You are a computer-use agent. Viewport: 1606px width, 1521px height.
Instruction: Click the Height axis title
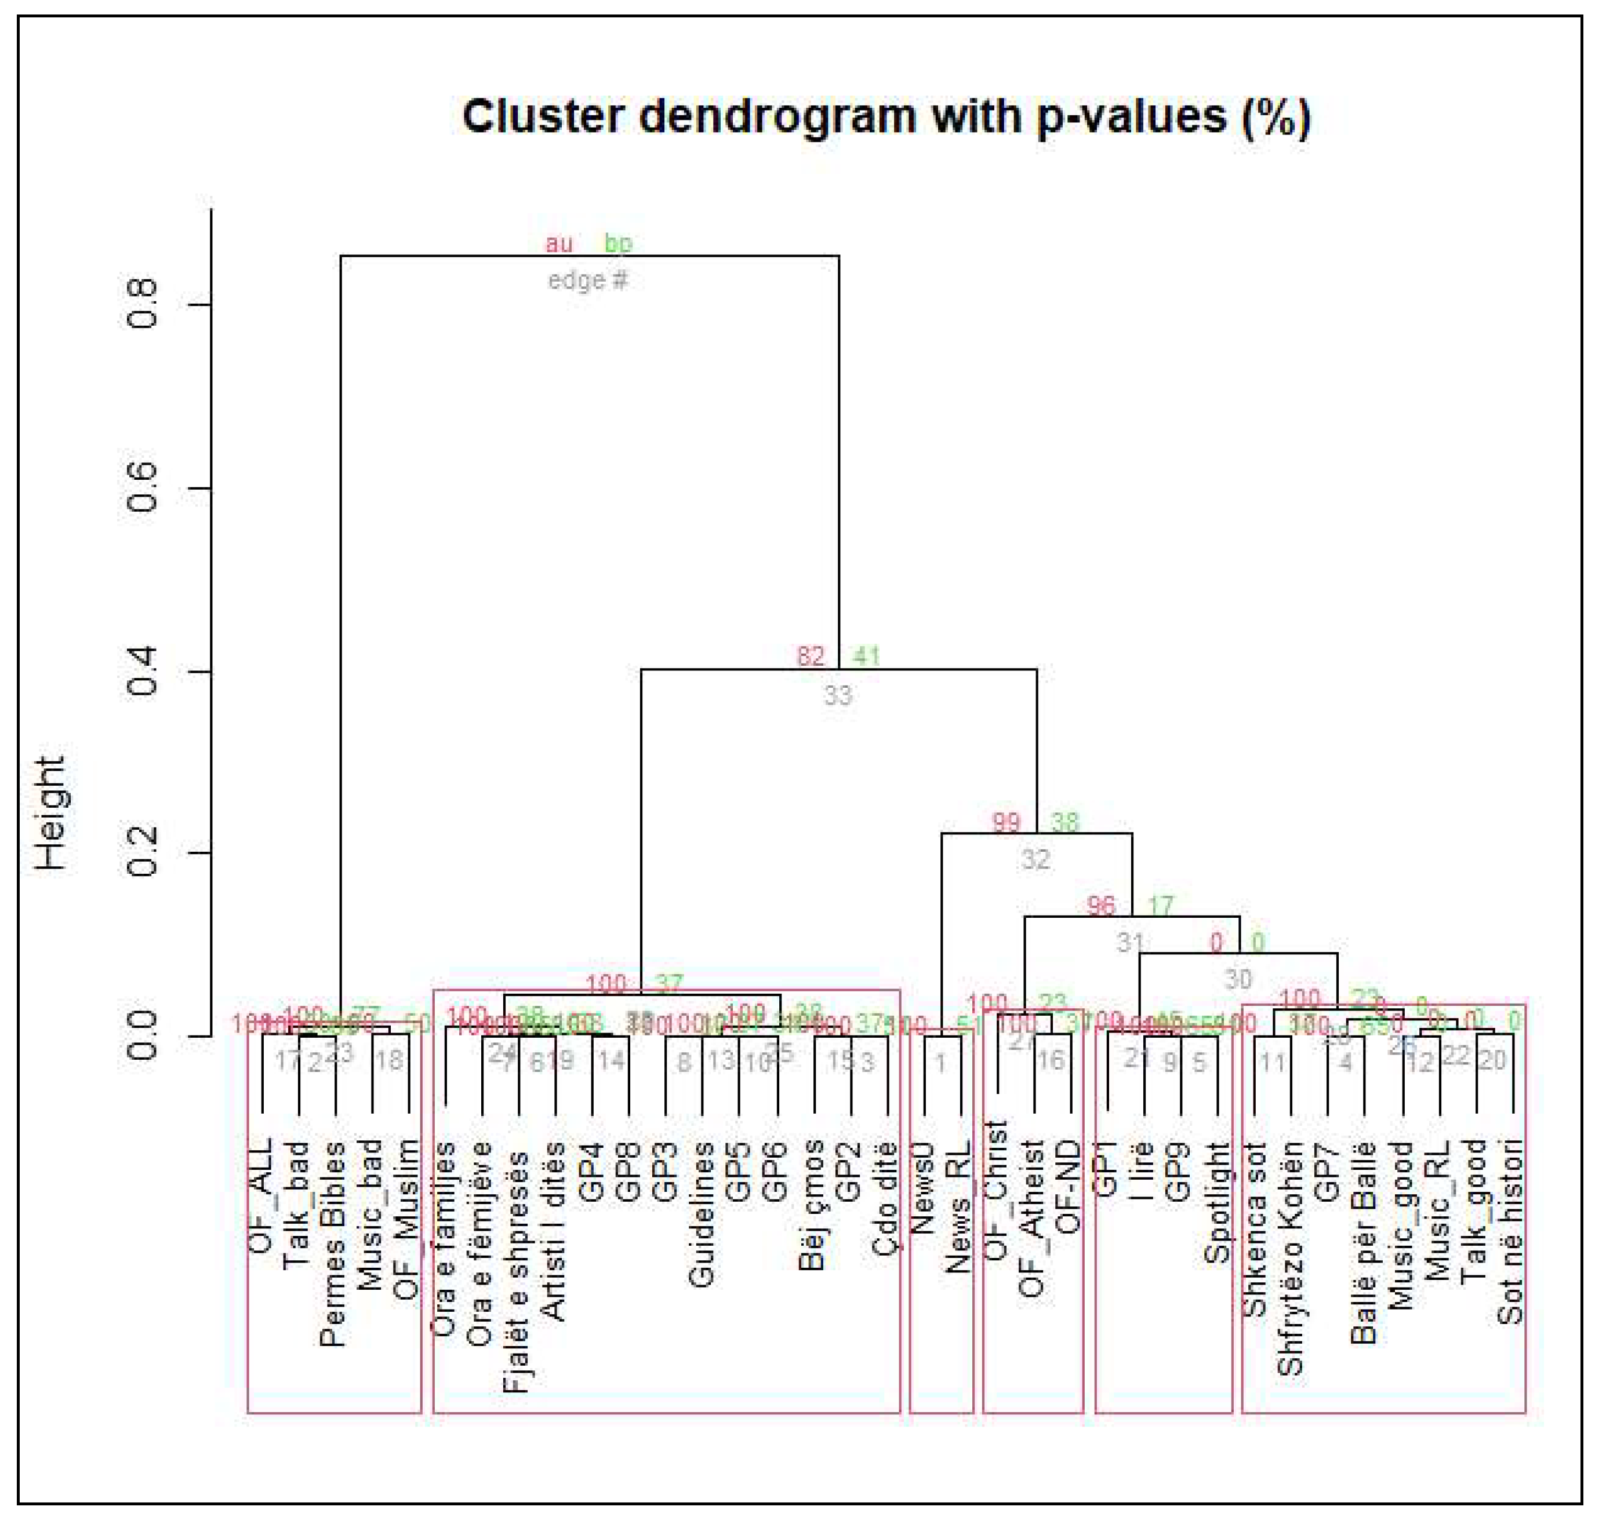point(51,813)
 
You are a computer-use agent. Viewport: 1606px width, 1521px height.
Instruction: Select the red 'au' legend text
point(559,243)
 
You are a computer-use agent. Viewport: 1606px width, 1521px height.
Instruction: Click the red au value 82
point(811,656)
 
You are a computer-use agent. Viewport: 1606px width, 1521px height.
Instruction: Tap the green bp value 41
point(866,656)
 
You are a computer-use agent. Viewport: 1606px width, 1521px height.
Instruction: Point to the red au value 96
point(1100,905)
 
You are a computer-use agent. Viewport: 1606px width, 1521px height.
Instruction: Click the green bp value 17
point(1161,905)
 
